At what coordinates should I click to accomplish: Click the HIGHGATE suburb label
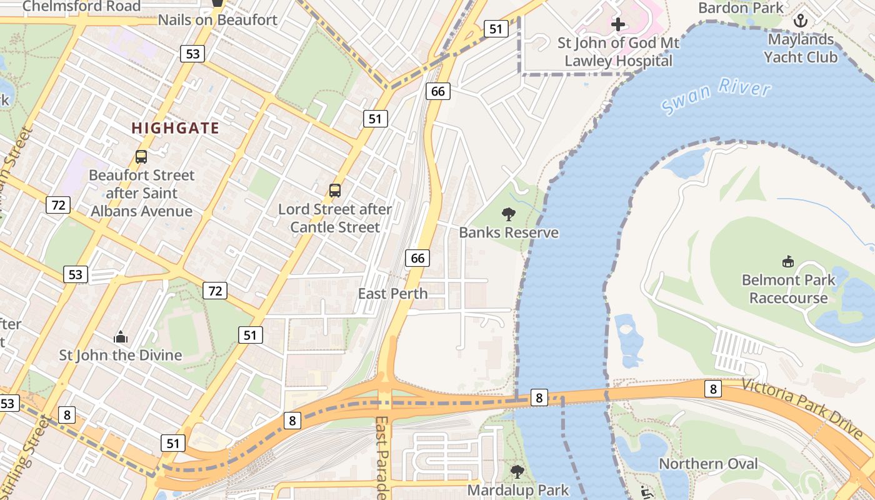175,129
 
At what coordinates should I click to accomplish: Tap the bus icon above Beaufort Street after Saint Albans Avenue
141,157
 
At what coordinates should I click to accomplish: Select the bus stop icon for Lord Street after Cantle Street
335,191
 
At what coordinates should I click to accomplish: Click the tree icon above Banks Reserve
509,214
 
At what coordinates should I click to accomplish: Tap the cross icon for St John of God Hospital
618,25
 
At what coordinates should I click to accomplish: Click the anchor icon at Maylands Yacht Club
801,21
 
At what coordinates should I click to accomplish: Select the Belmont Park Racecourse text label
788,289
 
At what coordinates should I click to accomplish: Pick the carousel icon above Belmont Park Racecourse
788,261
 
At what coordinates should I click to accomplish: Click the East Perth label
392,293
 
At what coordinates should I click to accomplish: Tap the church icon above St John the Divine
121,337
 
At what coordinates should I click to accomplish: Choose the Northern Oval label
708,464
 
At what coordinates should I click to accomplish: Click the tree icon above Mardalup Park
517,471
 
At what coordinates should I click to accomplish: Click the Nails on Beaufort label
217,20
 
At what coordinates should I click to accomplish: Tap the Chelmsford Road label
81,6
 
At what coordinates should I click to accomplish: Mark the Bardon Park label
741,7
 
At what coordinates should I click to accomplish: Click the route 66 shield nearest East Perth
417,257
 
